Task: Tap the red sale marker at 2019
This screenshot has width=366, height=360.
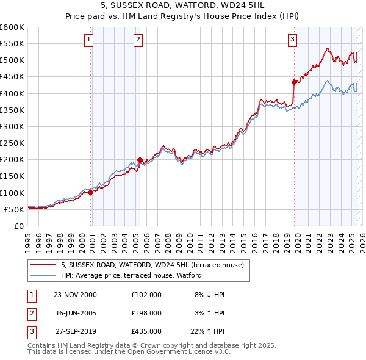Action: coord(294,81)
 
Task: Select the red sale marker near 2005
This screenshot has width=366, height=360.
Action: coord(140,160)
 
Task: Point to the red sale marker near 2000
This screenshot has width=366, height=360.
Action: coord(91,192)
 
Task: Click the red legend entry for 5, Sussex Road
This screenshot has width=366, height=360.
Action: coord(152,265)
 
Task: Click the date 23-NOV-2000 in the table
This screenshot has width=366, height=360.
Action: coord(75,295)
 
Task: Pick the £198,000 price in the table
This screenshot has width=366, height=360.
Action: coord(146,312)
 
